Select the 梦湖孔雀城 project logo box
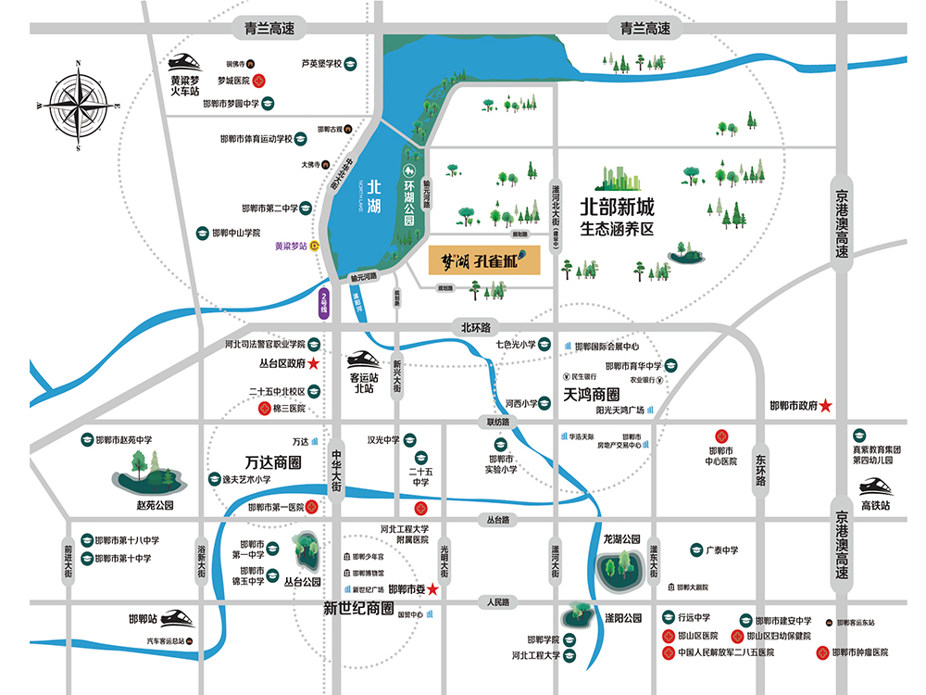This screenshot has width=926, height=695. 483,260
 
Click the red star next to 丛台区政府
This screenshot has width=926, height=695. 314,362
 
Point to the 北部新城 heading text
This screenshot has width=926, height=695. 618,205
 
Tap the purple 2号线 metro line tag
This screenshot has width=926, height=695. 323,303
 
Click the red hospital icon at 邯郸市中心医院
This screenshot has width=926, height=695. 719,436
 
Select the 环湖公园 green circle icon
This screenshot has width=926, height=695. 407,171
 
